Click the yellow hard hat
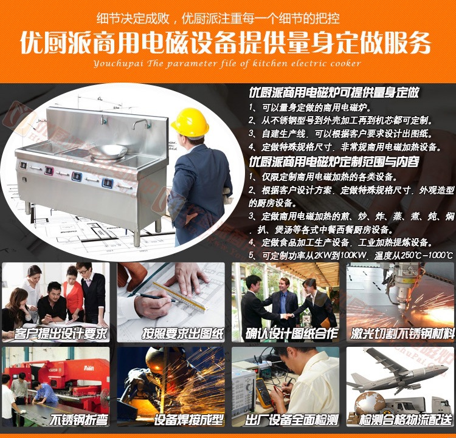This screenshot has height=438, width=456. coord(190,122)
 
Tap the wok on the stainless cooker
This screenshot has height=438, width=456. coord(108,151)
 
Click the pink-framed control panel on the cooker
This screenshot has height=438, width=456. coord(49,170)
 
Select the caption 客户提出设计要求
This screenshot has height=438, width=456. coord(60,334)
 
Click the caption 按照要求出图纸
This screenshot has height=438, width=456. coord(182,334)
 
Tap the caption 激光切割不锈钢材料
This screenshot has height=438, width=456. coord(402,334)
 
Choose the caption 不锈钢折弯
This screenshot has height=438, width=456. coord(79,420)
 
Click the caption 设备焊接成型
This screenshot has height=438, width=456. coord(188,420)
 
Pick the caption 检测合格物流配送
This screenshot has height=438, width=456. coord(406,420)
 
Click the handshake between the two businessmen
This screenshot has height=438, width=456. coord(286,317)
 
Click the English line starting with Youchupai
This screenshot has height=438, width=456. coord(227,63)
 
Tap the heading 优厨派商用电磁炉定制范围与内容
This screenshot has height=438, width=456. coord(334,162)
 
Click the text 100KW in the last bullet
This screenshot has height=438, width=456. coord(353,256)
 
